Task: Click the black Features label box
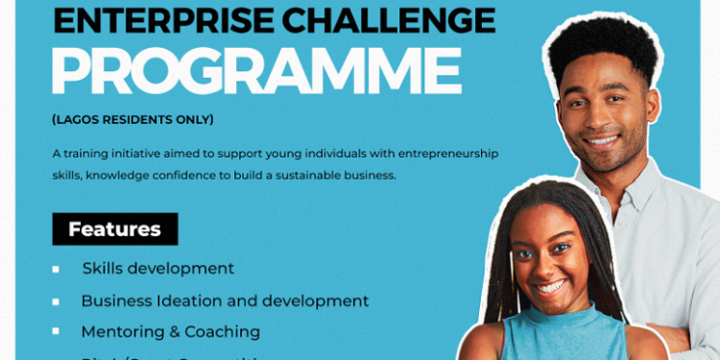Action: coord(114,229)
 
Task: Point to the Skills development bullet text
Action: coord(157,269)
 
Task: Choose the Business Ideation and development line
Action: coord(225,300)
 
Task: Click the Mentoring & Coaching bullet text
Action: coord(170,331)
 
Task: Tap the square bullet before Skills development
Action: coord(56,270)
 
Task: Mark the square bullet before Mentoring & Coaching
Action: coord(56,331)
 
